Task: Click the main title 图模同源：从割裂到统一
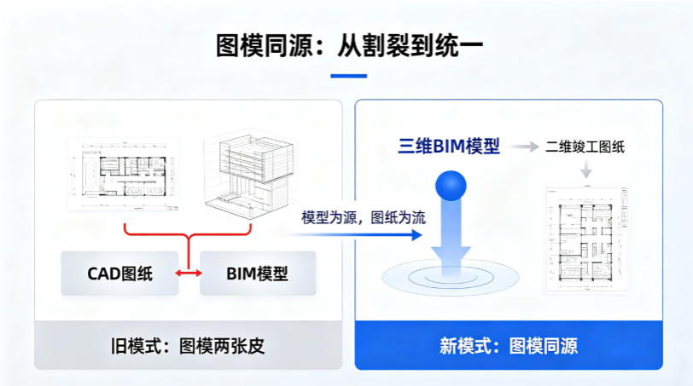tap(349, 45)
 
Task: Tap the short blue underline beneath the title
tap(349, 76)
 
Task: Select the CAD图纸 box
tap(119, 274)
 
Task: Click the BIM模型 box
tap(258, 274)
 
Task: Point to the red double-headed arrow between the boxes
tap(189, 274)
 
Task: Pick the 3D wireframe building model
tap(250, 173)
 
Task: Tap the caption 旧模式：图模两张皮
tap(188, 346)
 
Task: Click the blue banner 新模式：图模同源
tap(509, 345)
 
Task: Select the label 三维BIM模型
tap(449, 146)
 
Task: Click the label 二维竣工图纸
tap(585, 147)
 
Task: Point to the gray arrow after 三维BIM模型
tap(525, 147)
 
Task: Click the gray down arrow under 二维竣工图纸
tap(586, 169)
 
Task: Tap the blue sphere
tap(451, 186)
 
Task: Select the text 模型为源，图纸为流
tap(364, 217)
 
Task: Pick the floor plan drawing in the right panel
tap(587, 239)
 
